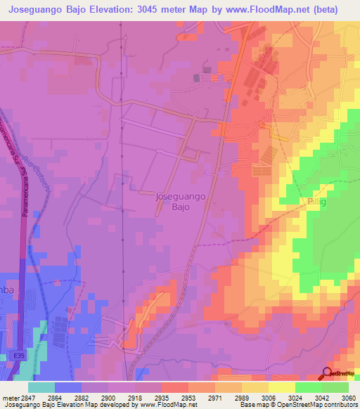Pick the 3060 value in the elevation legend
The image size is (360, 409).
(349, 397)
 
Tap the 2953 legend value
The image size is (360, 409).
(188, 397)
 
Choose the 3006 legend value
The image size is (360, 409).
(269, 397)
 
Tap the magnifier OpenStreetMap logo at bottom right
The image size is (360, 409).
(327, 374)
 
